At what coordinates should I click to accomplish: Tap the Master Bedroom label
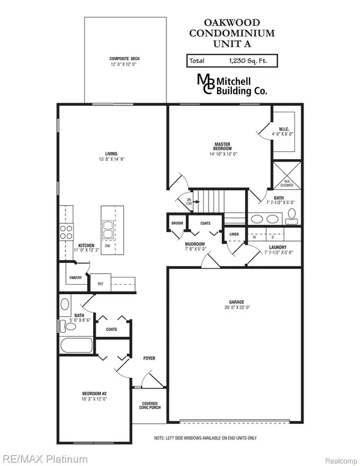click(224, 144)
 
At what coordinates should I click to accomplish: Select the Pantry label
click(75, 278)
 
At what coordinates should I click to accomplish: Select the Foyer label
click(149, 359)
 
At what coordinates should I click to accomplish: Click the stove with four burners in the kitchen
click(66, 232)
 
